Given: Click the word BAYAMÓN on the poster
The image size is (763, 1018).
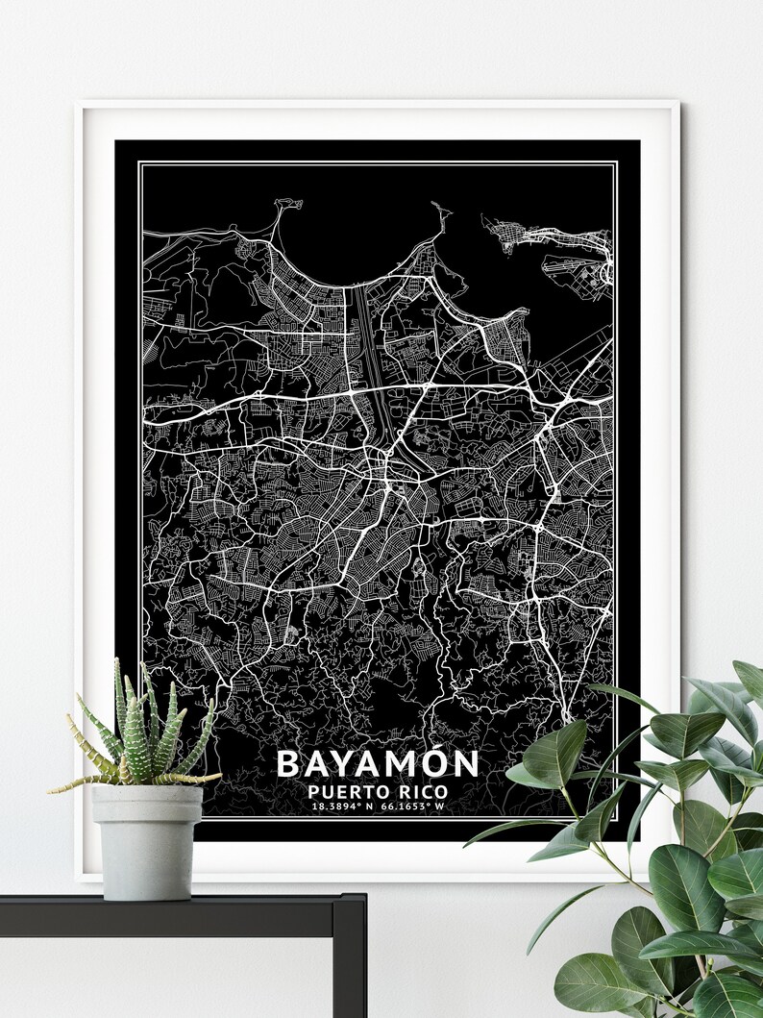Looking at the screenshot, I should pos(377,763).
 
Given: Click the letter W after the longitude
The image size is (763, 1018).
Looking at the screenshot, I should pos(440,806).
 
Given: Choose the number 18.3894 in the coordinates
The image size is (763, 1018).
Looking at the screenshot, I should pos(336,806).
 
